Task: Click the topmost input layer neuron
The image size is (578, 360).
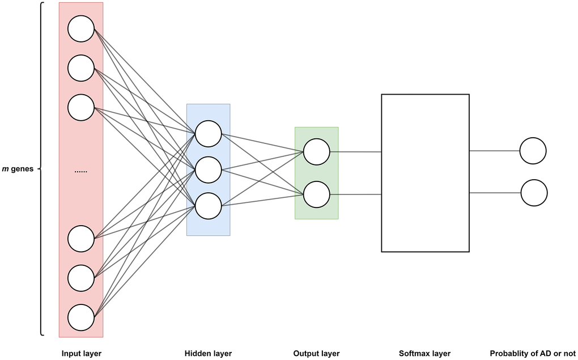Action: [81, 29]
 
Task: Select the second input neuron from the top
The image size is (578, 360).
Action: [81, 68]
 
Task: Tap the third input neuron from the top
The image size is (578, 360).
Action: [81, 108]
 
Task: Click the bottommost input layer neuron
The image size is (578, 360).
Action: [81, 317]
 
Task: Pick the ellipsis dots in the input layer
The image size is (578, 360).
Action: [81, 171]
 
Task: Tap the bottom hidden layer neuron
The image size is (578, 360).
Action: [208, 206]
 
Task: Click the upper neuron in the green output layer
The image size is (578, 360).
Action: [316, 151]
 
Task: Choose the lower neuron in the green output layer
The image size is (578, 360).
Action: [316, 194]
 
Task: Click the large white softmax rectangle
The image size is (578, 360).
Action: [425, 173]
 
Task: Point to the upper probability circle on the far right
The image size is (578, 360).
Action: [533, 151]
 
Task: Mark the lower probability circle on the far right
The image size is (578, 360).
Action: [534, 193]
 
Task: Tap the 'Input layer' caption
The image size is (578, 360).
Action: [82, 354]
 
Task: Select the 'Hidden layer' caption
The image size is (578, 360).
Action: [208, 354]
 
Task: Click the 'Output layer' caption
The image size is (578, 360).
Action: [316, 354]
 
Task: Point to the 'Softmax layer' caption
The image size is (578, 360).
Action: [424, 354]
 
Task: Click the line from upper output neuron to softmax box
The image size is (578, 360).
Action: [355, 151]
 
